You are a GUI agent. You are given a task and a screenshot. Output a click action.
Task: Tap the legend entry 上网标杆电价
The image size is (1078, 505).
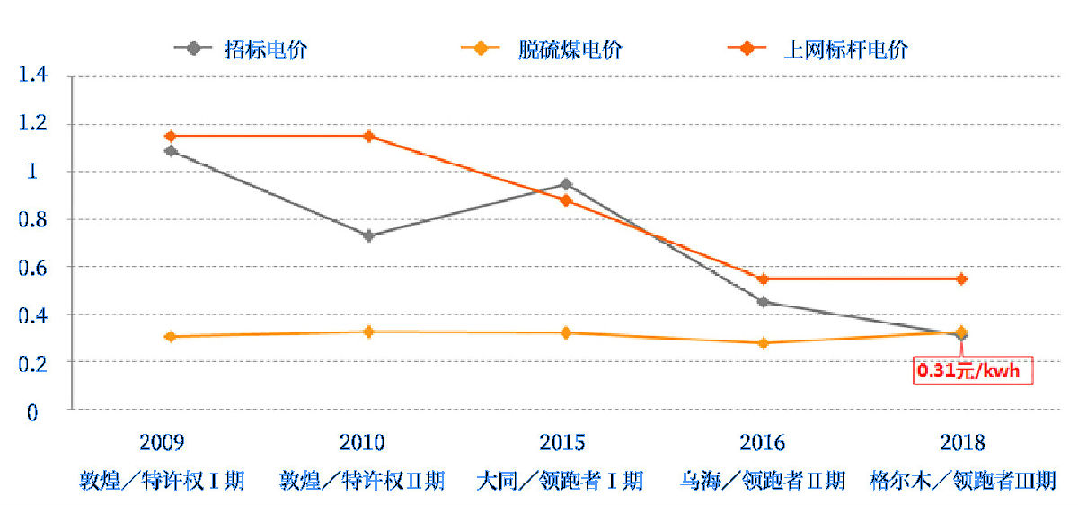point(845,49)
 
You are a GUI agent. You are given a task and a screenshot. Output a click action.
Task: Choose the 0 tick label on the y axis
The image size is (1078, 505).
point(33,412)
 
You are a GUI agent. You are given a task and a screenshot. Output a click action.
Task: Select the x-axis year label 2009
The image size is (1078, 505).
point(163,443)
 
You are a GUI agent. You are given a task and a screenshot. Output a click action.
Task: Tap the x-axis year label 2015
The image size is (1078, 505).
point(562,443)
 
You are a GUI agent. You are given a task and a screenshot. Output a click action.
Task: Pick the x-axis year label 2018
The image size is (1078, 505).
point(962,443)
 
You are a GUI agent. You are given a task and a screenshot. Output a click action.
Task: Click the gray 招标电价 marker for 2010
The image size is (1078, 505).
point(368,235)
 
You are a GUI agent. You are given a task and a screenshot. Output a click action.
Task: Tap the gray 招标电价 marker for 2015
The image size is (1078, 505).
point(566,184)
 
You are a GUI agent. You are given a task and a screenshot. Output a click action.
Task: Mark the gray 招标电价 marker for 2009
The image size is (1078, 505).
point(171,151)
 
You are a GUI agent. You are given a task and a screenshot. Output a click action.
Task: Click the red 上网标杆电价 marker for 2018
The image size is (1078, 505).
point(961,279)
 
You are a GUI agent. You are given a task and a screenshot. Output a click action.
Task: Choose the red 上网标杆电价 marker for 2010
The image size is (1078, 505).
point(368,137)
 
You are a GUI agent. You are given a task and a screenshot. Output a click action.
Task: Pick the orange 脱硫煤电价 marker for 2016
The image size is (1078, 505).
point(764,342)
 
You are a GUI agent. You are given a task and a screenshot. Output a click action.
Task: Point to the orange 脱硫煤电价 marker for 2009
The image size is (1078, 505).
point(171,336)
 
